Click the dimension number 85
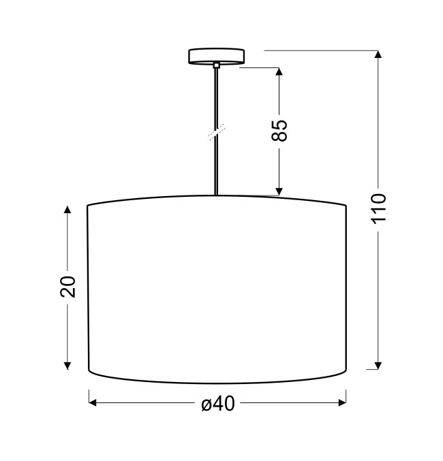coord(279,130)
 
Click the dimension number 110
coord(379,208)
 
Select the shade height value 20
coord(68,287)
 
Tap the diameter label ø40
coord(218,403)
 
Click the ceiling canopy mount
coord(216,56)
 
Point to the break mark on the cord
coord(217,131)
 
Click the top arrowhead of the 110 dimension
coord(378,54)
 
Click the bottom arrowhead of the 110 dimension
coord(378,366)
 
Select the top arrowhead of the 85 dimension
coord(279,71)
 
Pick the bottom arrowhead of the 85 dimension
coord(279,192)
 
